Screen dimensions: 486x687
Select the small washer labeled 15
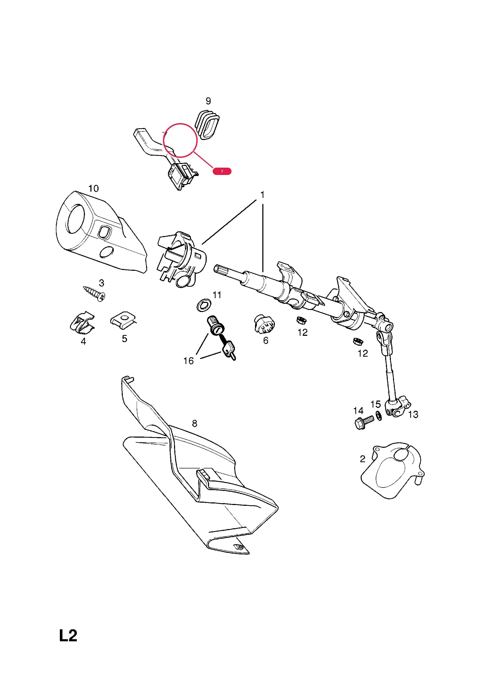click(379, 416)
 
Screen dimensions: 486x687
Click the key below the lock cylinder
click(229, 351)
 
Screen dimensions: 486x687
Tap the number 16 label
click(189, 361)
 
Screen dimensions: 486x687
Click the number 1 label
click(262, 195)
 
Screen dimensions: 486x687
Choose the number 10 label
click(94, 189)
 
